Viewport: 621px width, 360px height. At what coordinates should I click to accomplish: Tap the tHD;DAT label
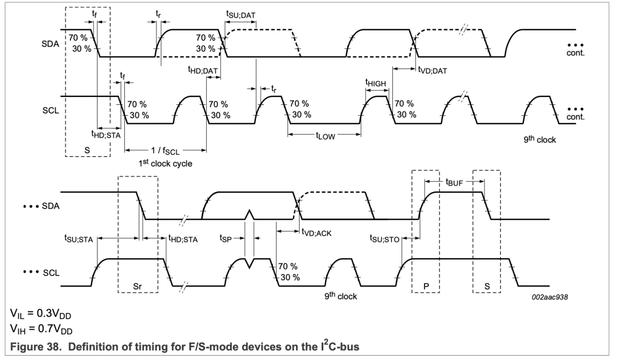(203, 70)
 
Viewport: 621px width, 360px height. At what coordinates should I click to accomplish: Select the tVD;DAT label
(432, 70)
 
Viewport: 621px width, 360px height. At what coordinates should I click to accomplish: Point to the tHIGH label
(375, 82)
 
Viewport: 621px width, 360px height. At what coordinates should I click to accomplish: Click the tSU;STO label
(384, 239)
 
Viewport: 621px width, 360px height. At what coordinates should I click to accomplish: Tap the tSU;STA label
(79, 239)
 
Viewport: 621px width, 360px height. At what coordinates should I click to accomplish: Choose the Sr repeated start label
(137, 284)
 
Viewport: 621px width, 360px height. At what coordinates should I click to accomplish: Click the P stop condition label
(425, 284)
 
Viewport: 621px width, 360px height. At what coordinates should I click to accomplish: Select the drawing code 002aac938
(551, 298)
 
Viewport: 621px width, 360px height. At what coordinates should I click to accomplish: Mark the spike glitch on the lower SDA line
(249, 215)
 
